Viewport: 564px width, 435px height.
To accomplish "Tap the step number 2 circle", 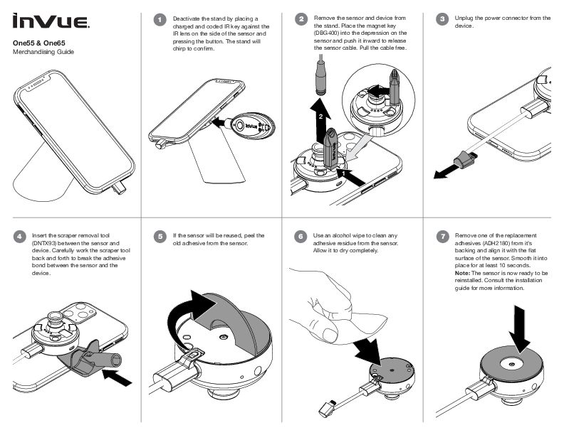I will [x=303, y=19].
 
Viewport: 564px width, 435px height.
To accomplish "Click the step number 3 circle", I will [x=444, y=19].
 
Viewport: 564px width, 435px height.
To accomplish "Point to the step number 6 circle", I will [x=303, y=236].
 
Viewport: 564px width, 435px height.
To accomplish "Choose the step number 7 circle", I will [x=444, y=236].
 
